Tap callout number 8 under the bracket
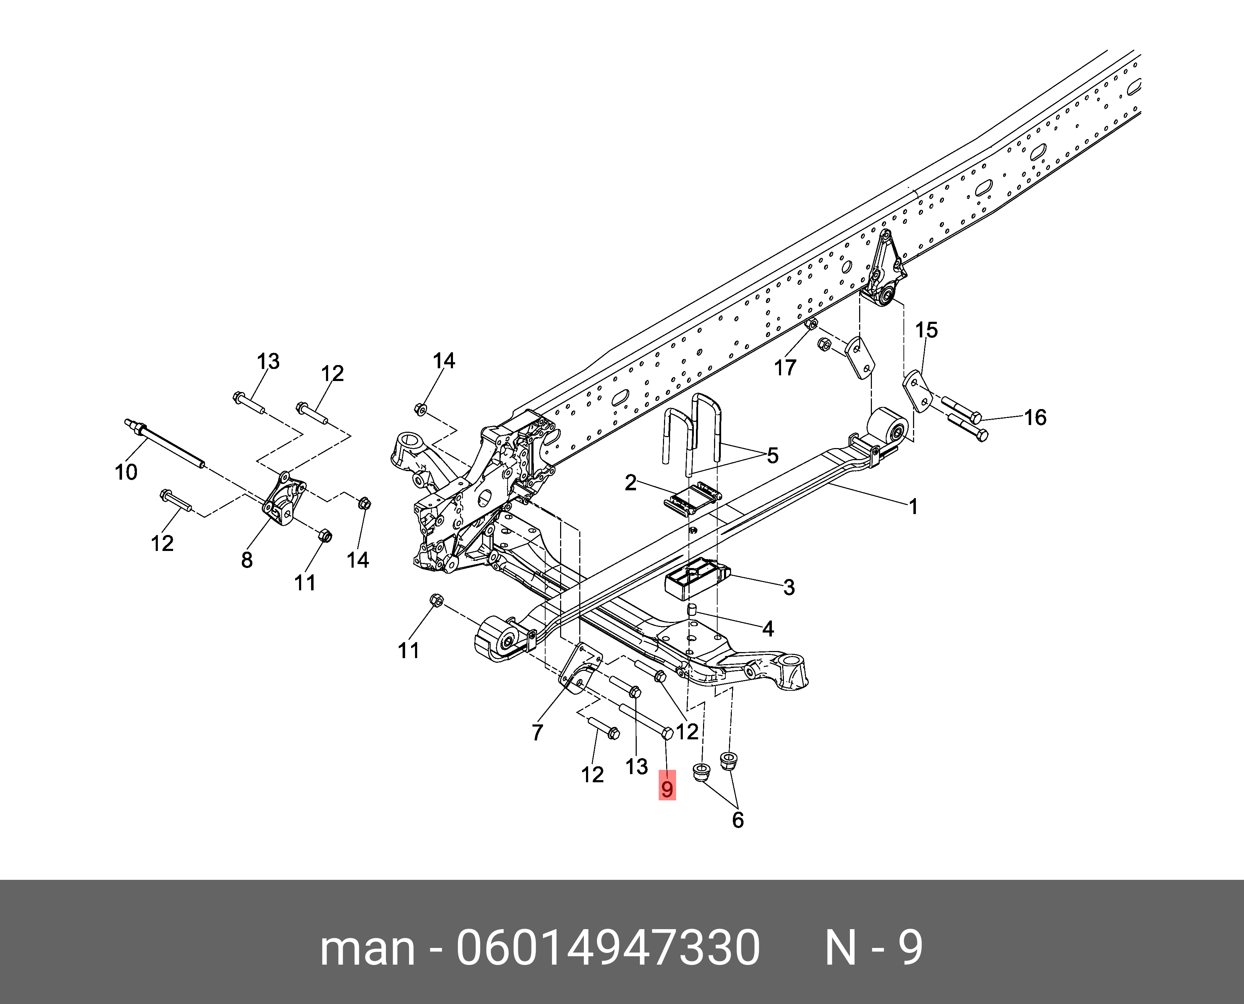pos(247,560)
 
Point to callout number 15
pos(926,330)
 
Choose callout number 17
pos(785,367)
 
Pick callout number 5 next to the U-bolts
pos(773,456)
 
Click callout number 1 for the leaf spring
pos(913,507)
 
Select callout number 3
pos(789,587)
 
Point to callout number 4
pos(768,628)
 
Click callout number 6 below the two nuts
pos(738,820)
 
